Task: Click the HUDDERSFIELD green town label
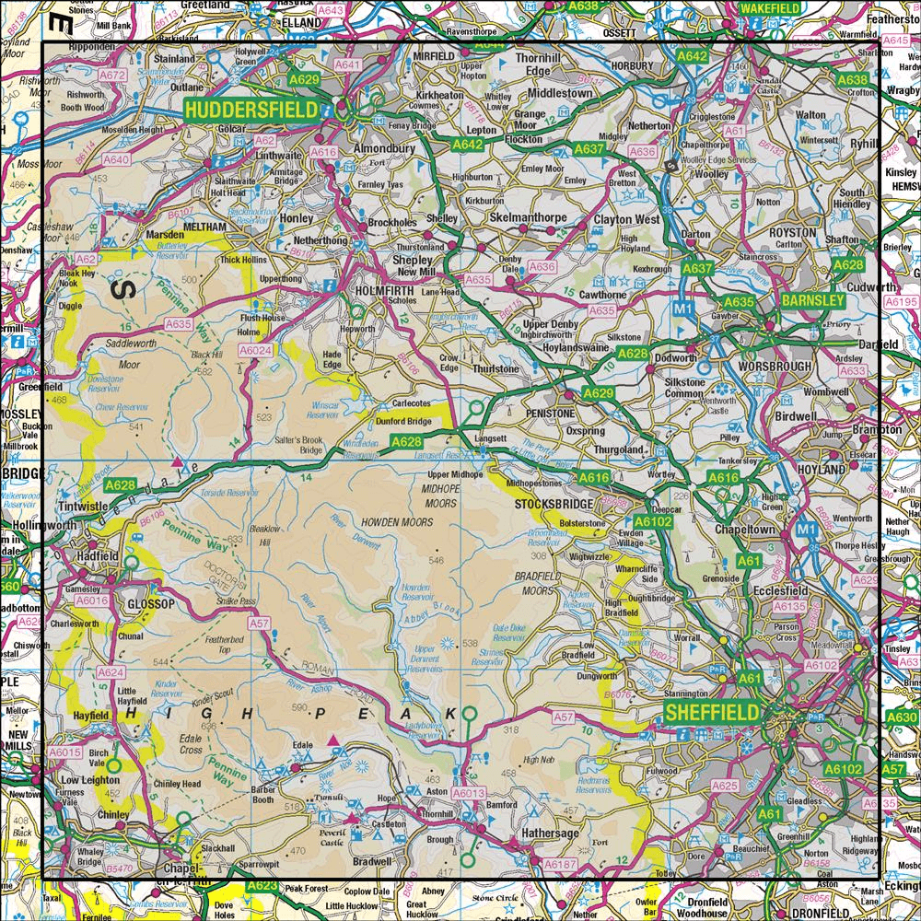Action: click(x=251, y=111)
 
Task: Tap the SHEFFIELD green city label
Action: click(x=712, y=712)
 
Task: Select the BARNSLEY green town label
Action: click(x=811, y=301)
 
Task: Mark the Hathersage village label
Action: click(x=549, y=833)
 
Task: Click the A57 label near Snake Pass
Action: click(x=259, y=624)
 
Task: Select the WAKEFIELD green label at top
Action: click(x=763, y=6)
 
